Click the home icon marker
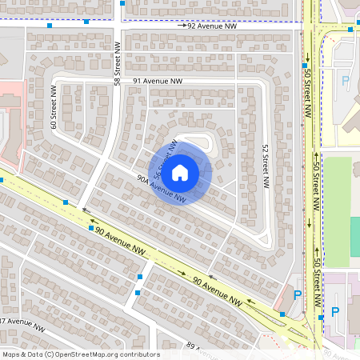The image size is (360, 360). point(180,172)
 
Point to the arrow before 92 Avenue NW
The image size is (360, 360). point(182,26)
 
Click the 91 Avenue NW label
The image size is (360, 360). point(158,82)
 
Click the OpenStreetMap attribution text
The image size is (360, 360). point(81,354)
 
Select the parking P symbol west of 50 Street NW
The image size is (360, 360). point(298,295)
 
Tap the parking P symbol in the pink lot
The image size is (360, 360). point(335,311)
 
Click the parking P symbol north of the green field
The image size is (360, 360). point(346,81)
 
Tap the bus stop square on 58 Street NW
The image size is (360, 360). point(121,3)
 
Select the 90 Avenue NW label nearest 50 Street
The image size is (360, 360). point(218,290)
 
